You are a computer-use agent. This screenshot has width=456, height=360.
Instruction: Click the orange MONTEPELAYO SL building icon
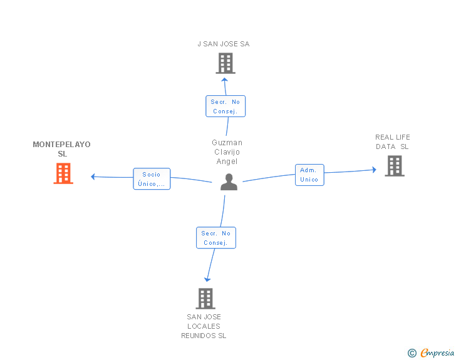63,173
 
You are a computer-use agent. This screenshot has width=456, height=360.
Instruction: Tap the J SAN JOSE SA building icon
225,63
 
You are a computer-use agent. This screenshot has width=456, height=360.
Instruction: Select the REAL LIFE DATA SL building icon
395,166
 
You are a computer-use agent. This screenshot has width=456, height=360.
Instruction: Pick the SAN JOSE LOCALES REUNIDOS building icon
205,299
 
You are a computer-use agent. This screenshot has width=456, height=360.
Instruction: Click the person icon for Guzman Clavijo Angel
229,182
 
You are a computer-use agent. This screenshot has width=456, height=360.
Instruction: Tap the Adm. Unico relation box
309,175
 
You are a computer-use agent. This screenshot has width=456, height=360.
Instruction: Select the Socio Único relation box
152,179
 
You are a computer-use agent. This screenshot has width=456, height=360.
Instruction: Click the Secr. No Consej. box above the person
225,106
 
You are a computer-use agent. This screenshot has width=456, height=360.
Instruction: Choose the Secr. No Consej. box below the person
216,237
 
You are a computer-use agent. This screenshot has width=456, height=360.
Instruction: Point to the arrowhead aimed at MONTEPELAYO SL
93,177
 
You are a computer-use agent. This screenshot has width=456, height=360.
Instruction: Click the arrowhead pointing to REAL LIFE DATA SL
375,170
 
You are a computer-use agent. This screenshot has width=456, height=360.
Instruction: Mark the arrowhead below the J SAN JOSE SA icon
224,80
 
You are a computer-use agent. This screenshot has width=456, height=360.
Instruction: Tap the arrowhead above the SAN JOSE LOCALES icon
207,280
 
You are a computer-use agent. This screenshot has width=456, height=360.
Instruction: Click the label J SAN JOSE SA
224,44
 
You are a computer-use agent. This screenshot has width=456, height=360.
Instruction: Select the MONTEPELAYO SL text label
61,149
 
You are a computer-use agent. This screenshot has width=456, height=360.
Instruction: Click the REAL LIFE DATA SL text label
392,141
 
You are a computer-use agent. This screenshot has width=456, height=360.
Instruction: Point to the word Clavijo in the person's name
227,152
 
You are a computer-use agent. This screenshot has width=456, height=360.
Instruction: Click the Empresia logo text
437,352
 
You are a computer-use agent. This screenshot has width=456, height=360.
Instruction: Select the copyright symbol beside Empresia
412,353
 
